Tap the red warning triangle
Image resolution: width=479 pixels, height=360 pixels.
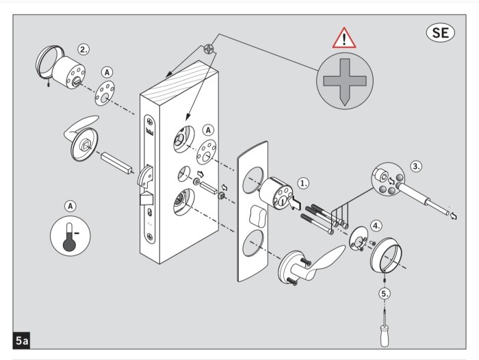coord(340,38)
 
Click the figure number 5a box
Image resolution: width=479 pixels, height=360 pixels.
coord(21,339)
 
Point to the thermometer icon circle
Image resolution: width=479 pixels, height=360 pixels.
coord(70,237)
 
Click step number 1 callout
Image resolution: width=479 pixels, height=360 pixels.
coord(303,183)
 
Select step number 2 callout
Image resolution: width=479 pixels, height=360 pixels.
coord(83,49)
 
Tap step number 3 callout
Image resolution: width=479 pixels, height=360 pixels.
coord(416,166)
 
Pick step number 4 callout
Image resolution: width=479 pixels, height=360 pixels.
coord(376,225)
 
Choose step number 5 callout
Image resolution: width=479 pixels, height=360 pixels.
coord(386,294)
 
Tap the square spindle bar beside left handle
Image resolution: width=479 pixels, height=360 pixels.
coord(116,164)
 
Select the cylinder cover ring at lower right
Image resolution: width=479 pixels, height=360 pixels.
coord(389,256)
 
